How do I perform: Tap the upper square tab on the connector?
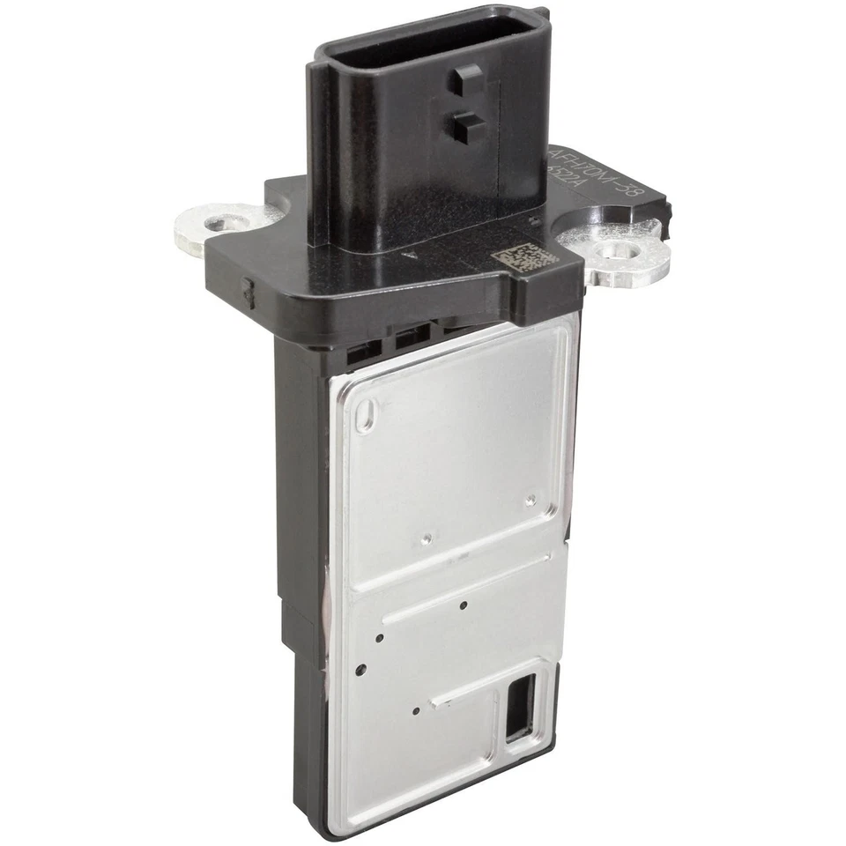tap(464, 81)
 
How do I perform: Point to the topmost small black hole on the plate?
tap(464, 605)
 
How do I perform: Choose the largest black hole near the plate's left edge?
tap(360, 670)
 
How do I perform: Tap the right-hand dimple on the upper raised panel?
tap(530, 501)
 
